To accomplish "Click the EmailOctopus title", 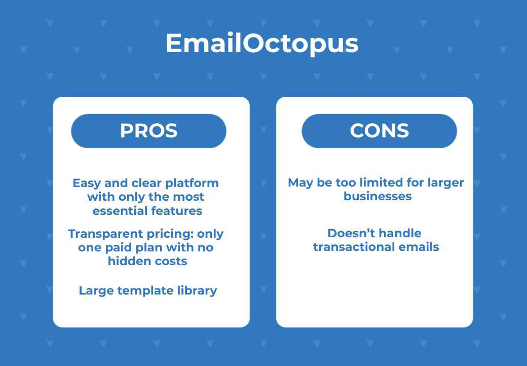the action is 262,44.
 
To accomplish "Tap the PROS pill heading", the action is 148,131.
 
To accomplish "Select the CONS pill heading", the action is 379,131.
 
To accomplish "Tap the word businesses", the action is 378,196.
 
